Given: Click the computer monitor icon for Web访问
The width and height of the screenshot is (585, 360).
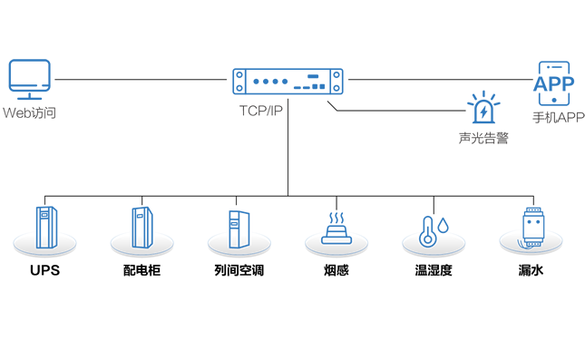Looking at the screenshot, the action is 29,79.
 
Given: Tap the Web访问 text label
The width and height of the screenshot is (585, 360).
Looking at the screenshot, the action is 29,112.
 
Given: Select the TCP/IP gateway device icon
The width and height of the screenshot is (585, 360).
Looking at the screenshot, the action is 288,82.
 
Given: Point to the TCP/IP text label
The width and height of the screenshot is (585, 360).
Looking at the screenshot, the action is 261,111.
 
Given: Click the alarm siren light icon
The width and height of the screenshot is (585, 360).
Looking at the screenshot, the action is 483,107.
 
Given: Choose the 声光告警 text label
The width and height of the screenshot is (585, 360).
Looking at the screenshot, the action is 483,138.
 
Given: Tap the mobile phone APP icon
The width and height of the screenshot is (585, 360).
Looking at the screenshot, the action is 554,83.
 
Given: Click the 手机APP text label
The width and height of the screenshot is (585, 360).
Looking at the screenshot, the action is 559,118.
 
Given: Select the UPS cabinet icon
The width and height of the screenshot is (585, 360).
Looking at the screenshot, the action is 46,228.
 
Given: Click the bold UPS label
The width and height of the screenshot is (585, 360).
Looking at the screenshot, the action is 44,270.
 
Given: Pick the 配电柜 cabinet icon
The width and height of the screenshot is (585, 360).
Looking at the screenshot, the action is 142,228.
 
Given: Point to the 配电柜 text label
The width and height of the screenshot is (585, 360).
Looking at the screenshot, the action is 141,270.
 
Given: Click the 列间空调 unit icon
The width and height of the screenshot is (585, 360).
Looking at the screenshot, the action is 239,229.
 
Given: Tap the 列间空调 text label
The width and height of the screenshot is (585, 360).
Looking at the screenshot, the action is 239,270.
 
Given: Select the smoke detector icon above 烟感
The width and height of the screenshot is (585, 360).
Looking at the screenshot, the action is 336,229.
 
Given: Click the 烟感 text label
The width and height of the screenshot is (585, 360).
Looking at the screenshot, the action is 336,270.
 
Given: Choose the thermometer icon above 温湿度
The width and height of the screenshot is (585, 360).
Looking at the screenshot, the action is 428,232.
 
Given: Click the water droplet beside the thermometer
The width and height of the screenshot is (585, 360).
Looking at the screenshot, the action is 443,225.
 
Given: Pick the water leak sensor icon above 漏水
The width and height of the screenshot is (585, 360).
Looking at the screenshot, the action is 532,228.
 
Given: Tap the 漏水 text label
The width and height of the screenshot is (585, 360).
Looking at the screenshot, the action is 531,270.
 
